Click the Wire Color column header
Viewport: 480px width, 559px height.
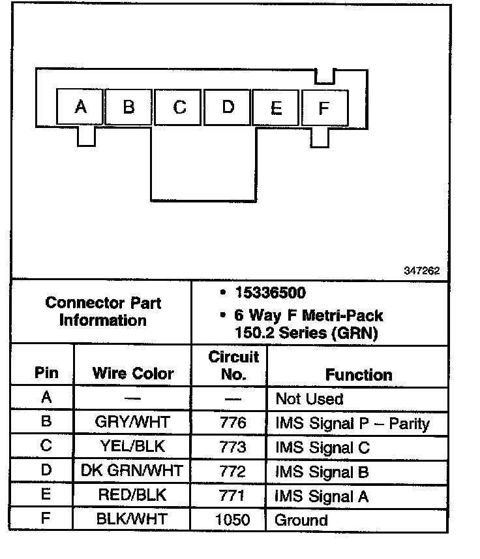(x=133, y=374)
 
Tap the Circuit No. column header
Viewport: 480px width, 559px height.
(x=233, y=366)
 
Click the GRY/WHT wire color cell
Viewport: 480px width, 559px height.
(x=133, y=423)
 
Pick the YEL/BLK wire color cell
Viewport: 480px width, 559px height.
(x=133, y=447)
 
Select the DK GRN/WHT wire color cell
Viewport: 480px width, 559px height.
(x=133, y=471)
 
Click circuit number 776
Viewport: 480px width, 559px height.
(x=233, y=423)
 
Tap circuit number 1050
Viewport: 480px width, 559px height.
(x=233, y=520)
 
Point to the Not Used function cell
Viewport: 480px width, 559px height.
(x=309, y=398)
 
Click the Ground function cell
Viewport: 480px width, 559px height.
(x=301, y=520)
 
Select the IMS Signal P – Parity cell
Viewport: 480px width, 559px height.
(x=352, y=423)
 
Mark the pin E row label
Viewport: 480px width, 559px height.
(x=46, y=495)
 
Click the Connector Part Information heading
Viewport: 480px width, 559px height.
(x=103, y=311)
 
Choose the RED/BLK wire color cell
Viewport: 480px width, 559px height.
(x=133, y=496)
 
